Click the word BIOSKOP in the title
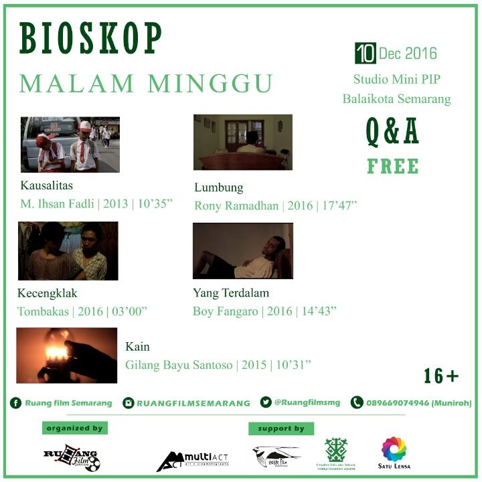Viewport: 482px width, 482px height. click(91, 39)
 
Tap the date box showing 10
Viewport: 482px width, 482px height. click(365, 52)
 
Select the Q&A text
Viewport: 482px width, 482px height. click(392, 131)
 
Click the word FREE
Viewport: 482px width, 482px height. click(393, 166)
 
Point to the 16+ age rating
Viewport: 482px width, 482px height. click(441, 376)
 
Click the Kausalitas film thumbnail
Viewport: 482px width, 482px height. click(70, 145)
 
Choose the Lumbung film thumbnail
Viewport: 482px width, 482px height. click(243, 142)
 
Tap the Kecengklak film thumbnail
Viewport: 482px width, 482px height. click(68, 251)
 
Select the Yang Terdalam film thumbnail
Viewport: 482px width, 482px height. click(243, 250)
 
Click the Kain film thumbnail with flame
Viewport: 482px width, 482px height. click(67, 355)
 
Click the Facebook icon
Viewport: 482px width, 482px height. click(15, 403)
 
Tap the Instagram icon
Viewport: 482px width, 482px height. click(128, 403)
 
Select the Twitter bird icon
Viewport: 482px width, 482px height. click(266, 402)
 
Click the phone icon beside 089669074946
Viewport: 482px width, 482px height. click(357, 402)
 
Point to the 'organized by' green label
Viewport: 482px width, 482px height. click(74, 428)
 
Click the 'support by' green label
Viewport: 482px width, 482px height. click(280, 428)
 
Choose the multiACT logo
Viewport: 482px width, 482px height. click(192, 459)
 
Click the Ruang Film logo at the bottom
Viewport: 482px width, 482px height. click(71, 459)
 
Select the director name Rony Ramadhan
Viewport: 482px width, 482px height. click(236, 206)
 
